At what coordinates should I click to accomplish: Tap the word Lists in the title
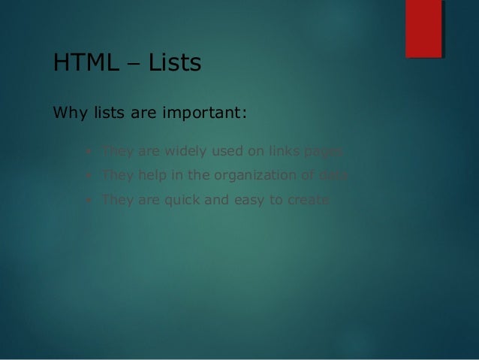174,63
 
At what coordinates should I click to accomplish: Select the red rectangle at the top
423,28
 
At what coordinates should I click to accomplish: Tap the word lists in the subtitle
108,115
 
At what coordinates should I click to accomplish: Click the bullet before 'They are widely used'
89,151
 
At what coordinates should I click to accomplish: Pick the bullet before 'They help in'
89,176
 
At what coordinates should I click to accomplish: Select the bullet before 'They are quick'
89,201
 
